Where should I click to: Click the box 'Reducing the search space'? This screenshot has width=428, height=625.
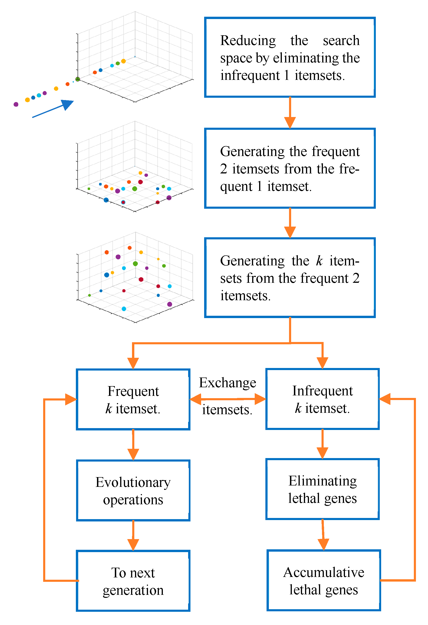pos(290,57)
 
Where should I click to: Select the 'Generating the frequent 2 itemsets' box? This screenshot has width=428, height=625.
pos(290,168)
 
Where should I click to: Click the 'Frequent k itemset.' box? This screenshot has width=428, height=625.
pos(133,399)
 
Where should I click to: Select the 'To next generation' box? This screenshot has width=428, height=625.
pos(133,581)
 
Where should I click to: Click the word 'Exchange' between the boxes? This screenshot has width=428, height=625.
pos(227,382)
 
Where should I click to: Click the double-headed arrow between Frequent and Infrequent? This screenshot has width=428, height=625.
pos(228,399)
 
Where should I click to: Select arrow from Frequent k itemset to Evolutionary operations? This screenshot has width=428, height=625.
pos(133,445)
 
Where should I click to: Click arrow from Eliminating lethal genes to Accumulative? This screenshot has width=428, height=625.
pos(323,535)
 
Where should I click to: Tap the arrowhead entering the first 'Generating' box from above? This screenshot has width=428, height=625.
pos(290,122)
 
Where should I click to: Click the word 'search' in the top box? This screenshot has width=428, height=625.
pos(341,40)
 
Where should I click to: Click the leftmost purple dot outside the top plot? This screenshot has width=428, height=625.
pos(16,104)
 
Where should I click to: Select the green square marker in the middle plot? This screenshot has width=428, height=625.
pos(89,189)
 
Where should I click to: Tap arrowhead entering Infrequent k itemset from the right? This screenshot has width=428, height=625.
pos(385,399)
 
